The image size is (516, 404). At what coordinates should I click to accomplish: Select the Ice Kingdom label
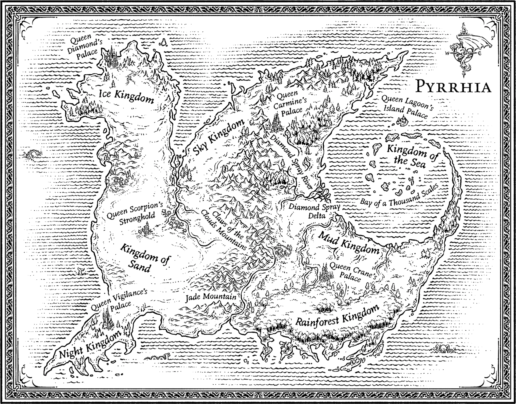[x=126, y=96]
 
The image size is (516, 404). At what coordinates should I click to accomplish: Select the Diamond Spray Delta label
[x=314, y=211]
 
